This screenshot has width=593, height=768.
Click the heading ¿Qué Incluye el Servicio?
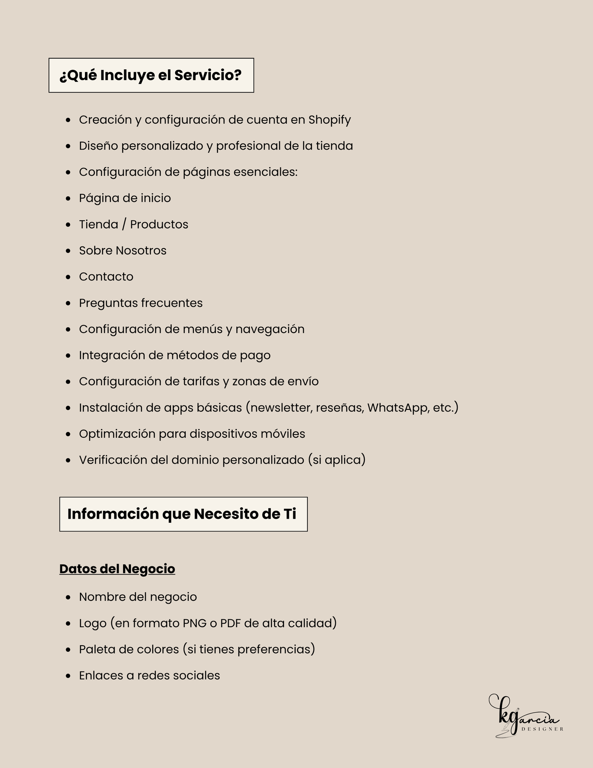tap(151, 76)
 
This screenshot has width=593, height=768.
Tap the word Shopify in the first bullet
tap(330, 120)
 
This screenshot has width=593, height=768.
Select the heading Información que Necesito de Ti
tap(182, 514)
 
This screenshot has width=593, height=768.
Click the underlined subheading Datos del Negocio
tap(117, 569)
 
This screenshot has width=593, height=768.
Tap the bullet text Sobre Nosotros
tap(123, 251)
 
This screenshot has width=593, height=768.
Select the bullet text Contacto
tap(106, 277)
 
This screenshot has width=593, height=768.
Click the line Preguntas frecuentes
tap(141, 303)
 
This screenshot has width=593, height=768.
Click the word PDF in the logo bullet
tap(230, 623)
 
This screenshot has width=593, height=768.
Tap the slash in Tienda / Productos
tap(124, 225)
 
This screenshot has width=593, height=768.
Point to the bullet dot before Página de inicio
tap(68, 199)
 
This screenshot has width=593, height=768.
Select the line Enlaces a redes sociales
tap(149, 676)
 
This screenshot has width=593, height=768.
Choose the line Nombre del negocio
tap(138, 597)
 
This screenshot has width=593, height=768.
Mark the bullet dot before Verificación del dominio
tap(68, 460)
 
